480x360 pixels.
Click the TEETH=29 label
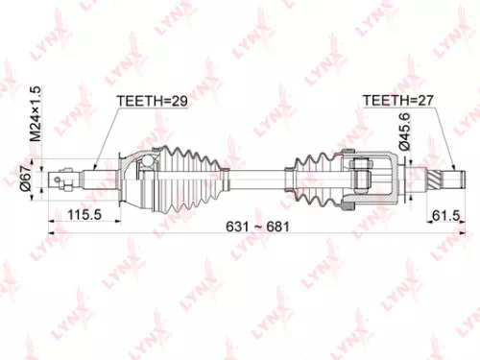click(x=149, y=99)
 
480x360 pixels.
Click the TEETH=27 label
click(x=396, y=99)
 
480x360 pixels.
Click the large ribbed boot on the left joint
click(x=192, y=178)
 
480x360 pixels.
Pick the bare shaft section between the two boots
click(x=259, y=178)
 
